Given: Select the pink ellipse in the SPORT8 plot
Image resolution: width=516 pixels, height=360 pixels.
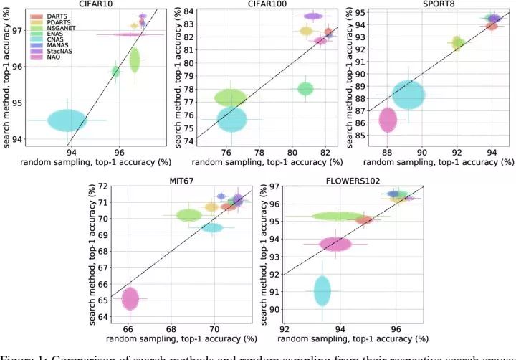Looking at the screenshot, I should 388,120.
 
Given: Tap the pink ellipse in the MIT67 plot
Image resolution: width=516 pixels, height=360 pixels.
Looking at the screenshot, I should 130,298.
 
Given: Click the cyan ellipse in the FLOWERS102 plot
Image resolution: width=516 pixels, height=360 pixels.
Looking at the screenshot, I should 322,290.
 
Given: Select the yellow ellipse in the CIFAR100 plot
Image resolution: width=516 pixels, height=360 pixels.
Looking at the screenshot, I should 306,31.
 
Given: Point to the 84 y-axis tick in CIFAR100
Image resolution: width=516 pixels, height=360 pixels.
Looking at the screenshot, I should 189,12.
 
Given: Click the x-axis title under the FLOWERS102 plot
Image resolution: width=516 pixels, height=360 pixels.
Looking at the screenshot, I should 353,338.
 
